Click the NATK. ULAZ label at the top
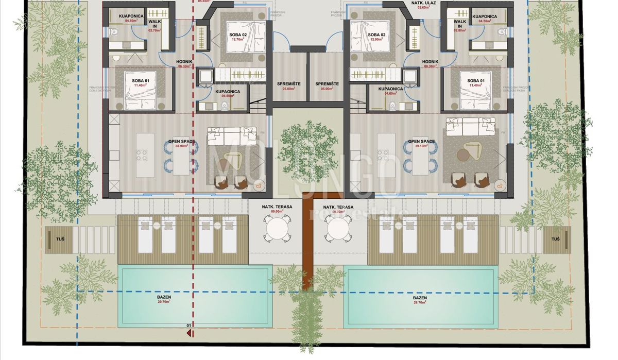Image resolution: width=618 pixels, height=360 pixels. click(424, 3)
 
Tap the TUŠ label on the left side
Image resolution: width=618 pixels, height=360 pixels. click(60, 239)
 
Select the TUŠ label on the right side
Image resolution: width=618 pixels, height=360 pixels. click(555, 239)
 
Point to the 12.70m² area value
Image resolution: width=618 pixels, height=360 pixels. click(237, 39)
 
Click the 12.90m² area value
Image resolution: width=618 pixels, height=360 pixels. click(376, 39)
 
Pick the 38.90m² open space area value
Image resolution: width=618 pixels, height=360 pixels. click(181, 146)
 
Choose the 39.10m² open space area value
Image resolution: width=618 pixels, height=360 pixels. click(421, 146)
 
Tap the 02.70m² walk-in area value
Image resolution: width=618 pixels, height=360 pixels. click(155, 30)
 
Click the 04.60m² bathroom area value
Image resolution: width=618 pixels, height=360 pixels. click(390, 94)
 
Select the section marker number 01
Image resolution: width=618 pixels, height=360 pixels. click(188, 325)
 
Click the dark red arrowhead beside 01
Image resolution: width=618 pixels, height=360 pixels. click(190, 333)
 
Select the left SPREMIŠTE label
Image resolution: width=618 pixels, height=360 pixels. click(289, 83)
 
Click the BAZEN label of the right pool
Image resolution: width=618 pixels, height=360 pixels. click(420, 298)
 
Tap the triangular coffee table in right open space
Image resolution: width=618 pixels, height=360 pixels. click(471, 151)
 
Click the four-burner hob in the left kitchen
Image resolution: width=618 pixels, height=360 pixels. click(142, 155)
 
